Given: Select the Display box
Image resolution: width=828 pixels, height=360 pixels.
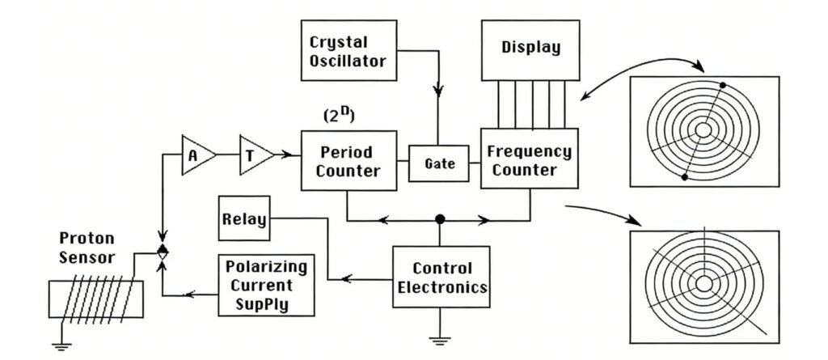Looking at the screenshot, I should [x=530, y=48].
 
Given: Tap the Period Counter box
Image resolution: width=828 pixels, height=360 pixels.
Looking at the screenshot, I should [x=349, y=160].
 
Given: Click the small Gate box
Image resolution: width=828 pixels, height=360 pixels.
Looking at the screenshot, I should [x=436, y=163].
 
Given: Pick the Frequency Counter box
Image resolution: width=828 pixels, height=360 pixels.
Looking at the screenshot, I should [x=530, y=159].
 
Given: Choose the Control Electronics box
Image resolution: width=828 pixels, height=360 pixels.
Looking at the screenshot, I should [x=441, y=277].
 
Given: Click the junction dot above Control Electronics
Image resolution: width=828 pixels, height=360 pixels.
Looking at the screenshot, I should [x=440, y=219].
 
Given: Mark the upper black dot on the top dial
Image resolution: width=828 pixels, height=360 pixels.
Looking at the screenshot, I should [x=722, y=85].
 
